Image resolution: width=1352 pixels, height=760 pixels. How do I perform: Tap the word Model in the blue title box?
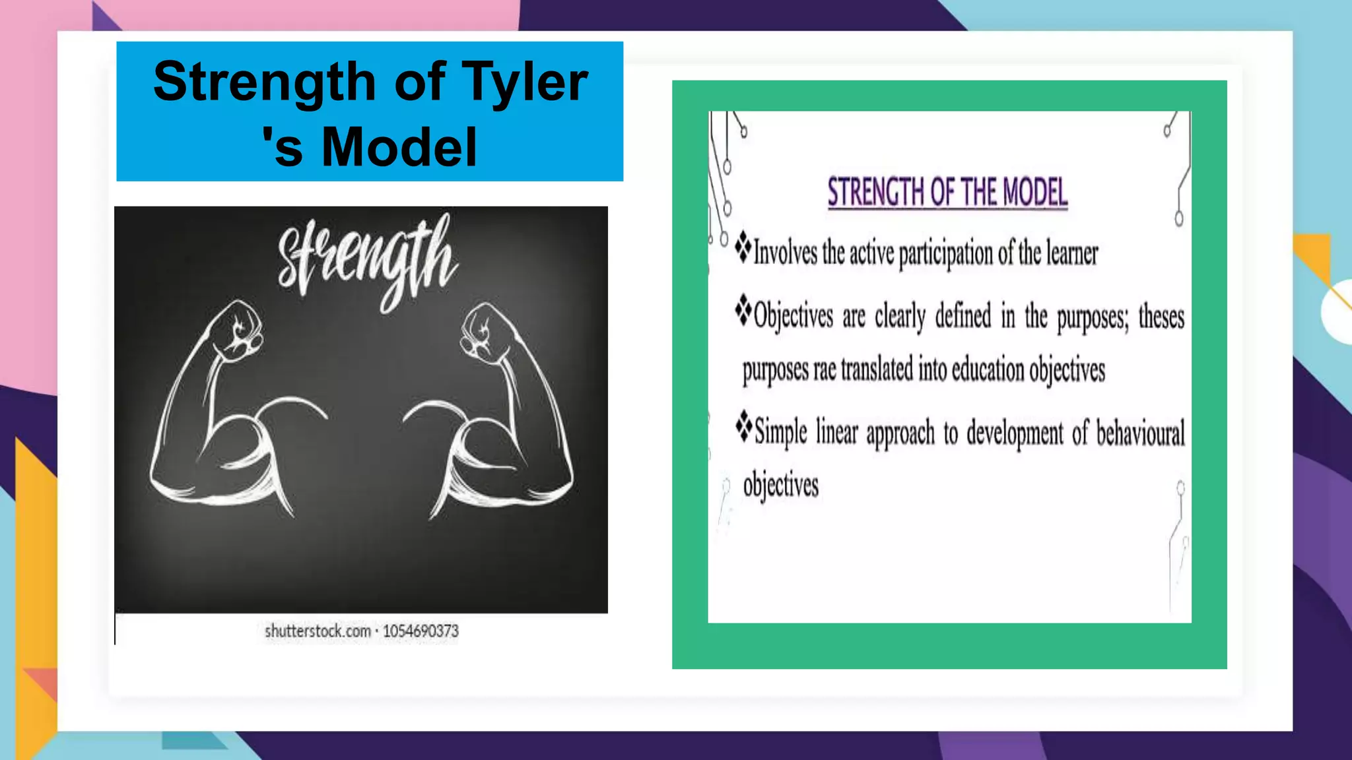pyautogui.click(x=399, y=147)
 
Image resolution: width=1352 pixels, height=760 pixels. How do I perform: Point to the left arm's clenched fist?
pyautogui.click(x=238, y=329)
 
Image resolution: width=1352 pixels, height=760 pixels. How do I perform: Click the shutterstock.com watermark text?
pyautogui.click(x=318, y=631)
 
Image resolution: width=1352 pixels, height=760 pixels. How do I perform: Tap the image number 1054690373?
pyautogui.click(x=421, y=631)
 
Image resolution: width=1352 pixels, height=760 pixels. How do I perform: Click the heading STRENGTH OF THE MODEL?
pyautogui.click(x=947, y=193)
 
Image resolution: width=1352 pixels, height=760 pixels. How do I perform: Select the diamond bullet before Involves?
pyautogui.click(x=743, y=246)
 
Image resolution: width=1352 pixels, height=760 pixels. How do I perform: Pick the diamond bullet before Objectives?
pyautogui.click(x=743, y=310)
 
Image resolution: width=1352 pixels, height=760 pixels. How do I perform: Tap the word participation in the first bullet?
pyautogui.click(x=945, y=254)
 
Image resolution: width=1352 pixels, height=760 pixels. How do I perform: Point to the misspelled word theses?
pyautogui.click(x=1161, y=317)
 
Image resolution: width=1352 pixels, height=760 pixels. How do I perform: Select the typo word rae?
pyautogui.click(x=825, y=370)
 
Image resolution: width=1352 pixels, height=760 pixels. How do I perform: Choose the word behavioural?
pyautogui.click(x=1140, y=433)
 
